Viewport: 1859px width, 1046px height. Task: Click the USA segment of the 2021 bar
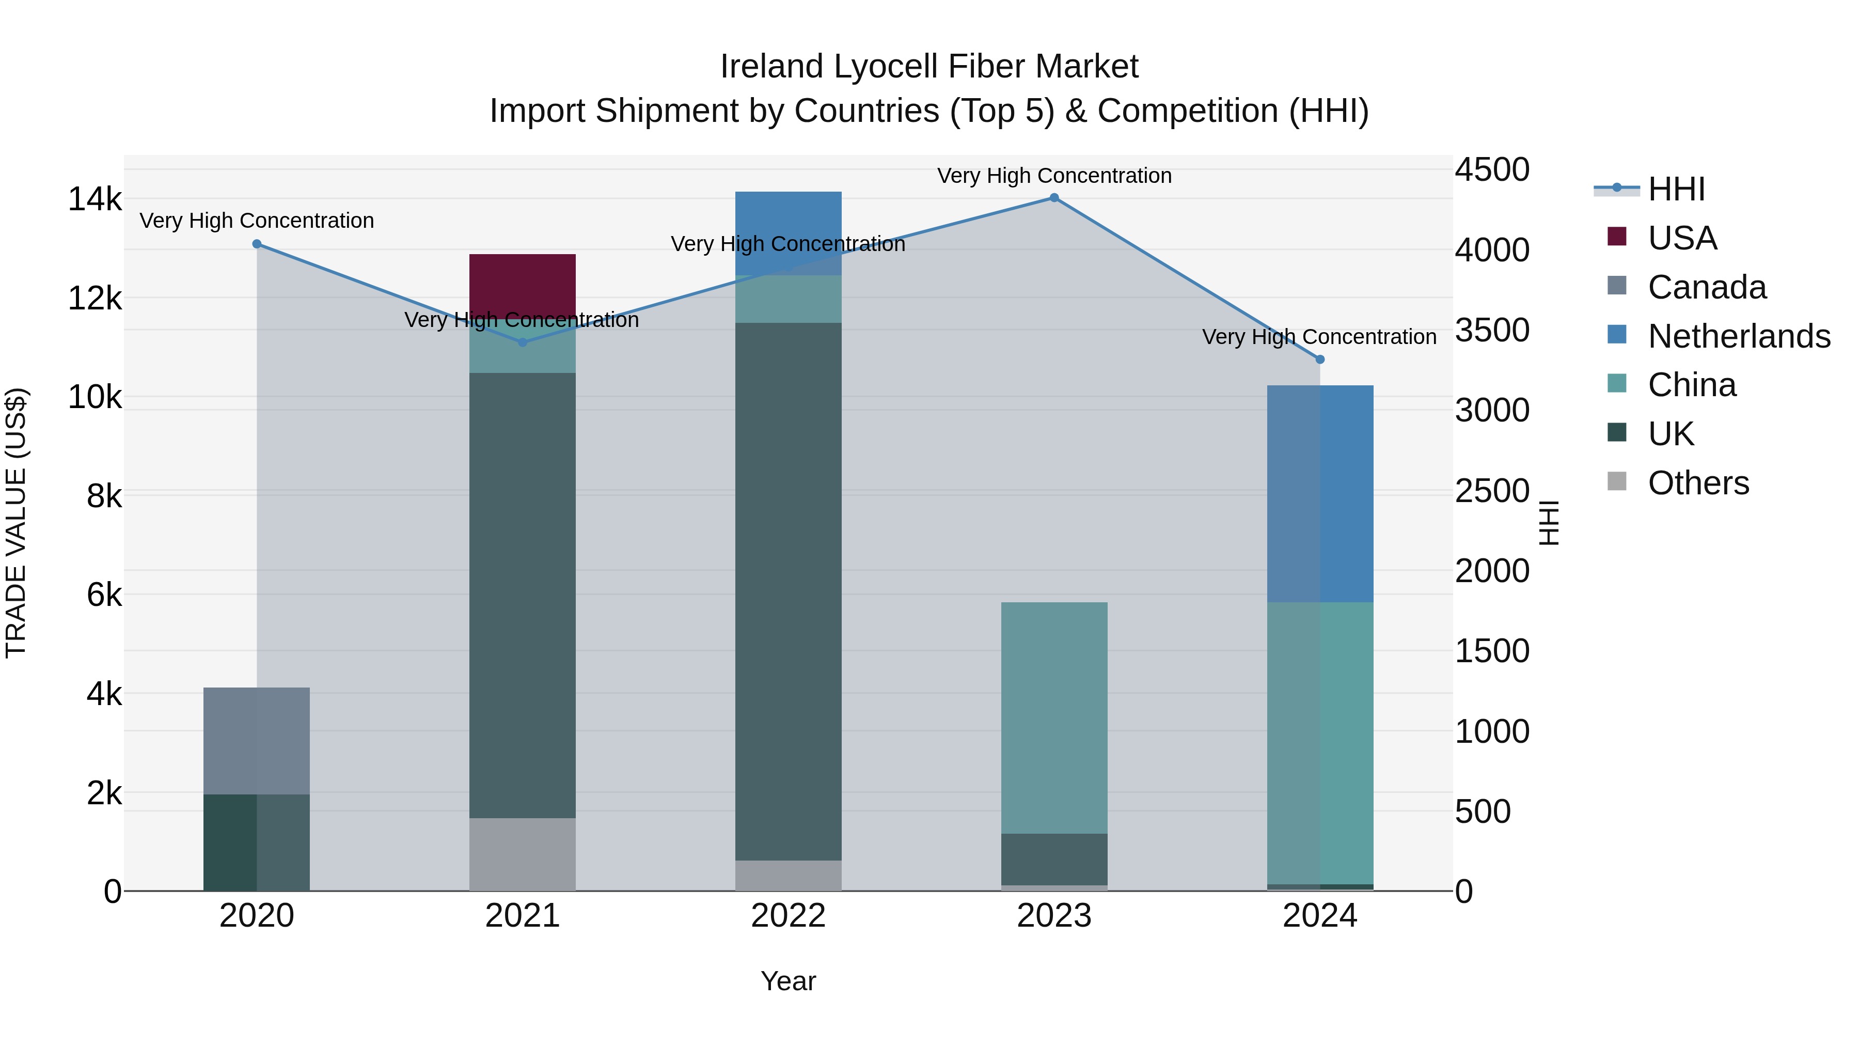coord(523,285)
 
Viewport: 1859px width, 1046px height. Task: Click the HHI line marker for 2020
coord(257,244)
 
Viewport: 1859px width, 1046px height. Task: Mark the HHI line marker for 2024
coord(1320,360)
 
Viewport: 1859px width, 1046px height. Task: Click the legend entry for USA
coord(1681,238)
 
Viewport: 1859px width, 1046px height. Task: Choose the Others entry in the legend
coord(1698,483)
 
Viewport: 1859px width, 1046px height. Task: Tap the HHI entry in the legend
coord(1676,189)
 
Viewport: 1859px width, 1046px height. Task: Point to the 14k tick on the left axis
coord(94,199)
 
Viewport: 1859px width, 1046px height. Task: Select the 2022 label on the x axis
coord(788,916)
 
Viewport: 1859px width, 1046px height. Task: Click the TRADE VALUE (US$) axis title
coord(16,523)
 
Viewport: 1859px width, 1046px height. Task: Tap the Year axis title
coord(788,981)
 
